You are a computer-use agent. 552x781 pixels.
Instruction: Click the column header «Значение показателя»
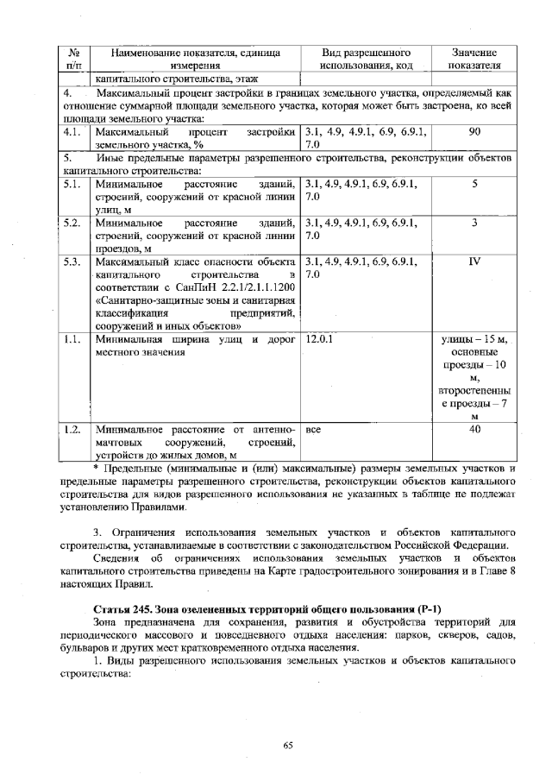click(474, 58)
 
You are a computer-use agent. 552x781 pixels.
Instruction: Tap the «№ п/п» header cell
click(73, 58)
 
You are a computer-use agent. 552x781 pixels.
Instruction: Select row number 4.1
click(72, 134)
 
